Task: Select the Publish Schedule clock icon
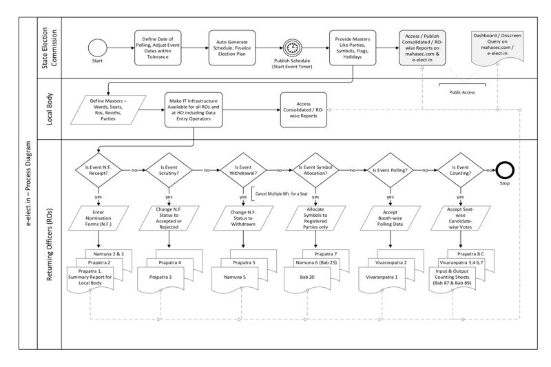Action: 292,48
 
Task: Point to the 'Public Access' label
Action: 462,90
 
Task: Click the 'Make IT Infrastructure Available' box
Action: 193,110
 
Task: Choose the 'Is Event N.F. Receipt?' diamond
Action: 100,169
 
